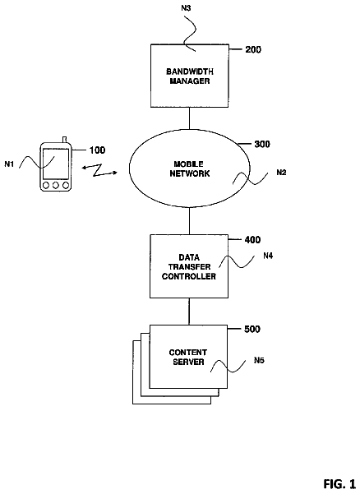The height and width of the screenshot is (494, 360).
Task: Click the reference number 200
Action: [x=253, y=50]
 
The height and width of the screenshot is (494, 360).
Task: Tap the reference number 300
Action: [x=262, y=145]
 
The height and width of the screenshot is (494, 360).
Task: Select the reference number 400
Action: [x=252, y=240]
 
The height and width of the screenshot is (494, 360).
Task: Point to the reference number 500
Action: [x=252, y=330]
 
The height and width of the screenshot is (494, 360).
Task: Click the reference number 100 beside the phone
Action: [x=97, y=150]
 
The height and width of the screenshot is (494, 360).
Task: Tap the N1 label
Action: [x=9, y=164]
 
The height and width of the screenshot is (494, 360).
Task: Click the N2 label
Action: [x=281, y=173]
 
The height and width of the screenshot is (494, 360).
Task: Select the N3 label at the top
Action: [x=186, y=8]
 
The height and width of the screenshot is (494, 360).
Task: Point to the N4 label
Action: [x=268, y=256]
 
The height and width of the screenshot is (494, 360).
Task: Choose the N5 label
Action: [x=259, y=360]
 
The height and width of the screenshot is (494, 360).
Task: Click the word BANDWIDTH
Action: [x=190, y=72]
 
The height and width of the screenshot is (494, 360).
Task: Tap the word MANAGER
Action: [x=190, y=81]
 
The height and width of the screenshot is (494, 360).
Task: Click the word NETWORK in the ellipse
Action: [x=190, y=173]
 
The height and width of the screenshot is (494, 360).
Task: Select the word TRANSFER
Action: [x=189, y=267]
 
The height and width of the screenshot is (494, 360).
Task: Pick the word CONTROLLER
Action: [x=189, y=277]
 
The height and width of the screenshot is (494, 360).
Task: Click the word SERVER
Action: [x=188, y=362]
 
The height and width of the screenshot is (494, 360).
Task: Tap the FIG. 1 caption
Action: [x=339, y=483]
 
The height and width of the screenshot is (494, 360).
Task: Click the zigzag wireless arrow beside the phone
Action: [x=99, y=170]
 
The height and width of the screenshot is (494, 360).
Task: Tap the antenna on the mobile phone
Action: [x=65, y=140]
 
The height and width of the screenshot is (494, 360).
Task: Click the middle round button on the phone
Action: [x=56, y=186]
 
